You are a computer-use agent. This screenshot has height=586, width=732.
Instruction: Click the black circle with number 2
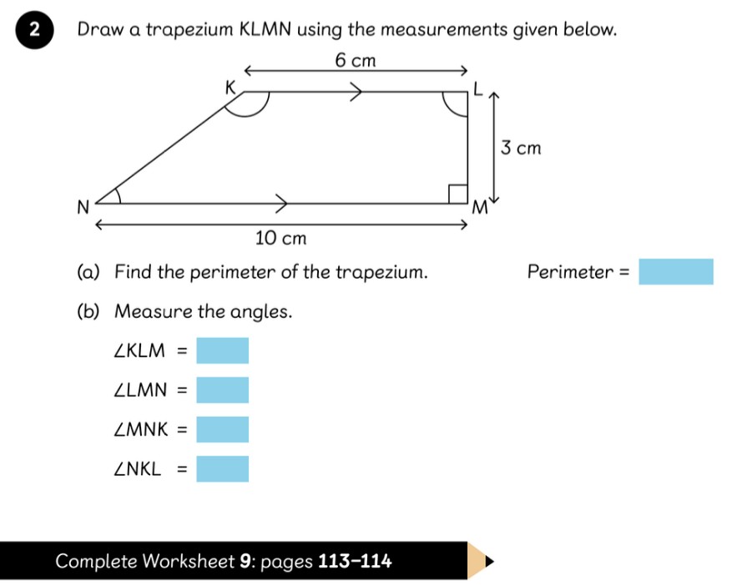pyautogui.click(x=34, y=29)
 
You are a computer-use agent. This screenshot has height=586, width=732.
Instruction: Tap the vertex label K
pyautogui.click(x=230, y=88)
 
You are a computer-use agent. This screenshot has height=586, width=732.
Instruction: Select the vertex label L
pyautogui.click(x=477, y=88)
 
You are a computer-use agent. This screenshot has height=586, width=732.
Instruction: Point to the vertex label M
pyautogui.click(x=479, y=207)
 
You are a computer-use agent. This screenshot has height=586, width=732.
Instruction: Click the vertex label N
pyautogui.click(x=83, y=207)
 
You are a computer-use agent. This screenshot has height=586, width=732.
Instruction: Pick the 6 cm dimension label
pyautogui.click(x=356, y=61)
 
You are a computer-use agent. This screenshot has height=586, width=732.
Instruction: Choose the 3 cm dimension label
pyautogui.click(x=521, y=148)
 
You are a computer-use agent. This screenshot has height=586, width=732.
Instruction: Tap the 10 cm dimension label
pyautogui.click(x=281, y=238)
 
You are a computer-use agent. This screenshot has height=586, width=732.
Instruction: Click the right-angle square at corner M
pyautogui.click(x=458, y=194)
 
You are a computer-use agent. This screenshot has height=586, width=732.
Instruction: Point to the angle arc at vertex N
pyautogui.click(x=119, y=195)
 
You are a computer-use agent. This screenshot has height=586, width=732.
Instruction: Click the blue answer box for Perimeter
pyautogui.click(x=676, y=272)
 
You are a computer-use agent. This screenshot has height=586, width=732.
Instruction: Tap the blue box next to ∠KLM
pyautogui.click(x=222, y=351)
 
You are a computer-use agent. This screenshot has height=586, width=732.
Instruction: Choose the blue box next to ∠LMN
pyautogui.click(x=222, y=390)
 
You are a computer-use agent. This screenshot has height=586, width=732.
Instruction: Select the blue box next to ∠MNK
pyautogui.click(x=222, y=430)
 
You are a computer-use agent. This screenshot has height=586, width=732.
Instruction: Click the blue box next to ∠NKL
pyautogui.click(x=222, y=469)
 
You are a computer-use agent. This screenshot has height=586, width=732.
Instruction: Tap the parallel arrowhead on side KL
pyautogui.click(x=356, y=92)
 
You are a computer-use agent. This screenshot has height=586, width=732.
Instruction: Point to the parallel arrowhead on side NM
pyautogui.click(x=282, y=204)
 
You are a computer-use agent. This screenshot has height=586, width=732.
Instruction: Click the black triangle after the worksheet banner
pyautogui.click(x=489, y=561)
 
